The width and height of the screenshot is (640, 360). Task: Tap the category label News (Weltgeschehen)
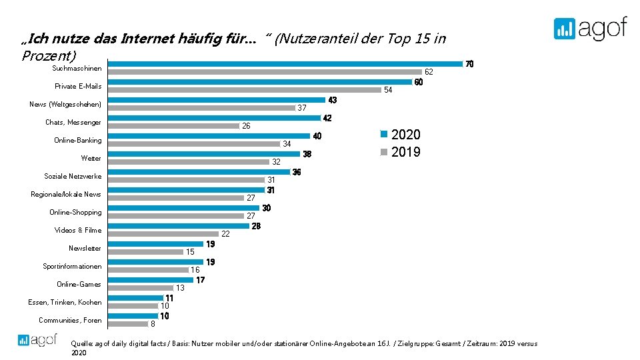coord(65,105)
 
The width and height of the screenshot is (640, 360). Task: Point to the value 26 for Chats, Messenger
coord(246,126)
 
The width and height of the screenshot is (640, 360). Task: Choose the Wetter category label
coord(91,159)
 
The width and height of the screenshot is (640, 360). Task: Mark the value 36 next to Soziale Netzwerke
coord(297,172)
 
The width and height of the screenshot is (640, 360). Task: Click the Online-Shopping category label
coord(75,213)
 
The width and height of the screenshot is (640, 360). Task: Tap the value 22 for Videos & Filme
coord(225,234)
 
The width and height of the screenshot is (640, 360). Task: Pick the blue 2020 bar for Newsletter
coord(155,244)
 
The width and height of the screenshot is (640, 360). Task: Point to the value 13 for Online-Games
coord(180,288)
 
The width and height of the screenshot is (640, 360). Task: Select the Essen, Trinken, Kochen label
coord(65,303)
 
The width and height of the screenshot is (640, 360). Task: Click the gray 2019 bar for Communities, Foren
coord(127,323)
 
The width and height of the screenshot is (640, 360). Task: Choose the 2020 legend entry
coord(400,134)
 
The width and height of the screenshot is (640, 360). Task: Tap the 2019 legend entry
coord(400,152)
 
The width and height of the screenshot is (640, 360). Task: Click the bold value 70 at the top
coord(469,65)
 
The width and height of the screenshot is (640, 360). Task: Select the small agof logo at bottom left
coord(38,339)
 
